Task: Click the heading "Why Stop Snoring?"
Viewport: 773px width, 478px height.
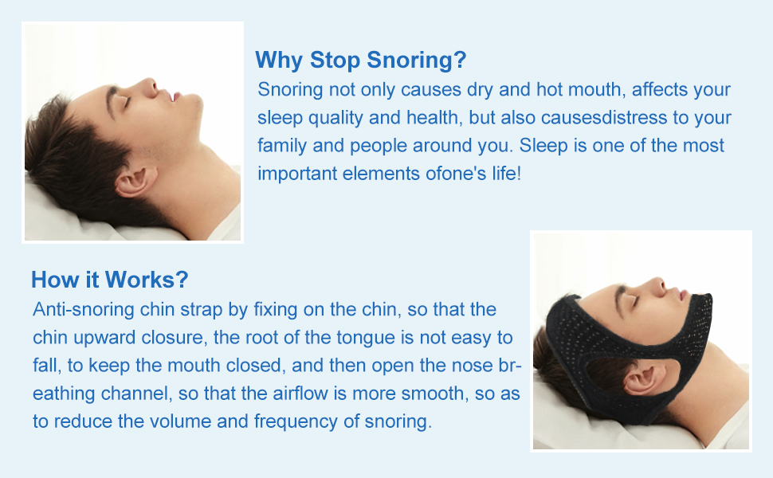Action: (360, 60)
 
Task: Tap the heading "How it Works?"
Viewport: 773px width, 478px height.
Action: (109, 280)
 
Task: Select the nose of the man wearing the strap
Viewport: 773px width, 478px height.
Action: (657, 286)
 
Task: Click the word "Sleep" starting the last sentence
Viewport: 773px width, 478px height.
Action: (540, 146)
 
